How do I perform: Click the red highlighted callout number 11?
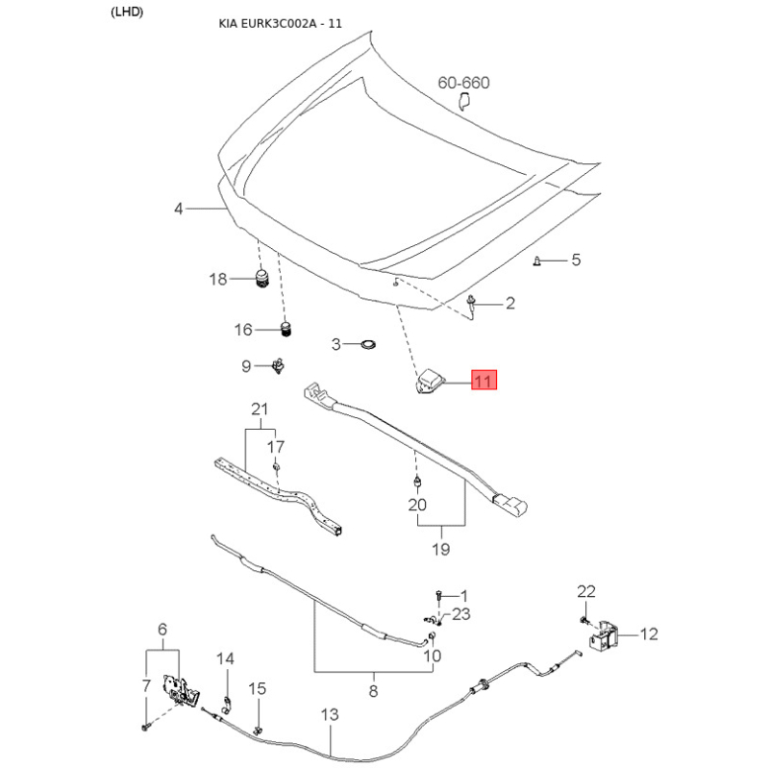tap(484, 380)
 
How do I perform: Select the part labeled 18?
tap(263, 279)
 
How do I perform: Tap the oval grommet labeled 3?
tap(367, 344)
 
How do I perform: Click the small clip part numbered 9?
tap(278, 366)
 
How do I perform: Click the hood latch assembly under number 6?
tap(181, 690)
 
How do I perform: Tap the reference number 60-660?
tap(463, 83)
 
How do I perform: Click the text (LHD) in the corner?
tap(127, 12)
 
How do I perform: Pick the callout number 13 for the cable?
tap(330, 714)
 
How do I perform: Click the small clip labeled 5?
tap(537, 260)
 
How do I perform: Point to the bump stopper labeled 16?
tap(285, 329)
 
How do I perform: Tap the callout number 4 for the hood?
tap(179, 209)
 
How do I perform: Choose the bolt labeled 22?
tap(583, 620)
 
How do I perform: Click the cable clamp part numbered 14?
tap(227, 704)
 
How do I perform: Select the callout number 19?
tap(440, 549)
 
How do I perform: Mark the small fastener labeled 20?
tap(417, 483)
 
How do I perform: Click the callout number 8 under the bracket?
tap(373, 691)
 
